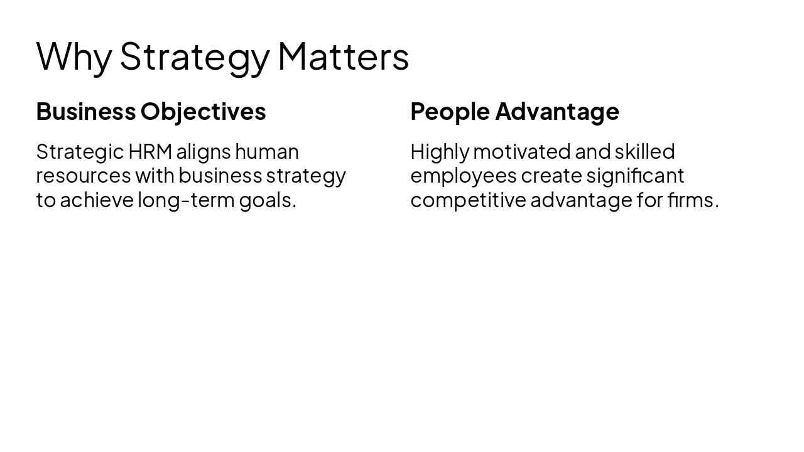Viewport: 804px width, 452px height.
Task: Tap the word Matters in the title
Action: pyautogui.click(x=343, y=56)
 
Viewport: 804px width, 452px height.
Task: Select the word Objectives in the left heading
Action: pyautogui.click(x=203, y=112)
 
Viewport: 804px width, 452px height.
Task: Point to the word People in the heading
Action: pyautogui.click(x=450, y=112)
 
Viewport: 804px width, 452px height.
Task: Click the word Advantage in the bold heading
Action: pyautogui.click(x=557, y=112)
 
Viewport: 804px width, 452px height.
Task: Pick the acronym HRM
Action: pyautogui.click(x=150, y=152)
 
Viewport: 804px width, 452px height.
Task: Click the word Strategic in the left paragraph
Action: pyautogui.click(x=80, y=152)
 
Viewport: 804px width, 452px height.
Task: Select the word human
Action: pyautogui.click(x=267, y=152)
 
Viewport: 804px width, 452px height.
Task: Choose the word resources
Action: pyautogui.click(x=84, y=176)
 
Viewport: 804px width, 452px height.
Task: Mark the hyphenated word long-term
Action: pyautogui.click(x=186, y=200)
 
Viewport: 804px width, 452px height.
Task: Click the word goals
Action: pyautogui.click(x=268, y=200)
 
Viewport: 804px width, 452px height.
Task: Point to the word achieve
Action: pyautogui.click(x=97, y=200)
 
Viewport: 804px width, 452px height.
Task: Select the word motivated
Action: pyautogui.click(x=521, y=152)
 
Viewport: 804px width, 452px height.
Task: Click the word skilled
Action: pyautogui.click(x=644, y=152)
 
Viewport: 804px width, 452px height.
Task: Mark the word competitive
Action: pyautogui.click(x=468, y=200)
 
